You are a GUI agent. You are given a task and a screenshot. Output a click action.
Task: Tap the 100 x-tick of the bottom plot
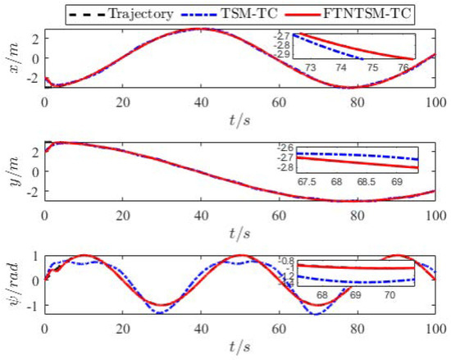coord(435,326)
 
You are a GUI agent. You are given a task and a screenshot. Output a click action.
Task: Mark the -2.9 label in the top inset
coord(281,53)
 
